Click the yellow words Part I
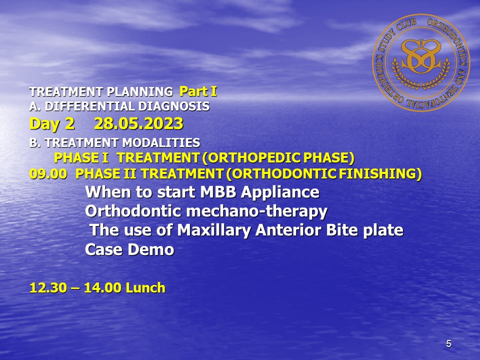[x=198, y=91]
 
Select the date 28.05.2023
[x=138, y=123]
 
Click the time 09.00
[x=48, y=174]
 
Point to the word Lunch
[x=145, y=288]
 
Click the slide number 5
[x=448, y=344]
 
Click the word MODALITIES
[x=161, y=142]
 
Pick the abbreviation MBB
[x=218, y=192]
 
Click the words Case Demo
[x=129, y=249]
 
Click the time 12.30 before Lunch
[x=48, y=288]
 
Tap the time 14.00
[x=102, y=288]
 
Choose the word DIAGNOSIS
[x=174, y=106]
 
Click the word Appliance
[x=280, y=192]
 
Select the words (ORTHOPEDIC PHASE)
[x=278, y=158]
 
